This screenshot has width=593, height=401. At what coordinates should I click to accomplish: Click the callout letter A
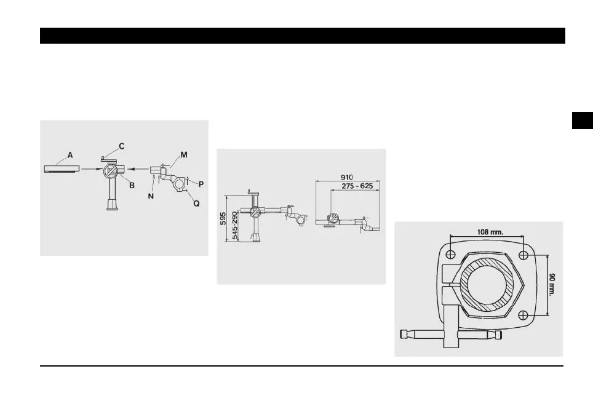click(70, 156)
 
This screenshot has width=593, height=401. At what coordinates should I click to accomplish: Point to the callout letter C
click(122, 146)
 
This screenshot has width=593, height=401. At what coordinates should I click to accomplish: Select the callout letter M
click(183, 156)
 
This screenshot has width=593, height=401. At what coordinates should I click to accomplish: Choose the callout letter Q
click(196, 203)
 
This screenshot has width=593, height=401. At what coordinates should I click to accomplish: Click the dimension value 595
click(223, 218)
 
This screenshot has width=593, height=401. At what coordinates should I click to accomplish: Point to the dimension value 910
click(347, 177)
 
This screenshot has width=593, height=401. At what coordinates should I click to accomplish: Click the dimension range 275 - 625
click(355, 185)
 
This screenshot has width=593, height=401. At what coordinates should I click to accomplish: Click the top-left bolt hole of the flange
click(451, 255)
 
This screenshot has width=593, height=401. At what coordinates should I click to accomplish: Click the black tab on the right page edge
click(581, 121)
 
